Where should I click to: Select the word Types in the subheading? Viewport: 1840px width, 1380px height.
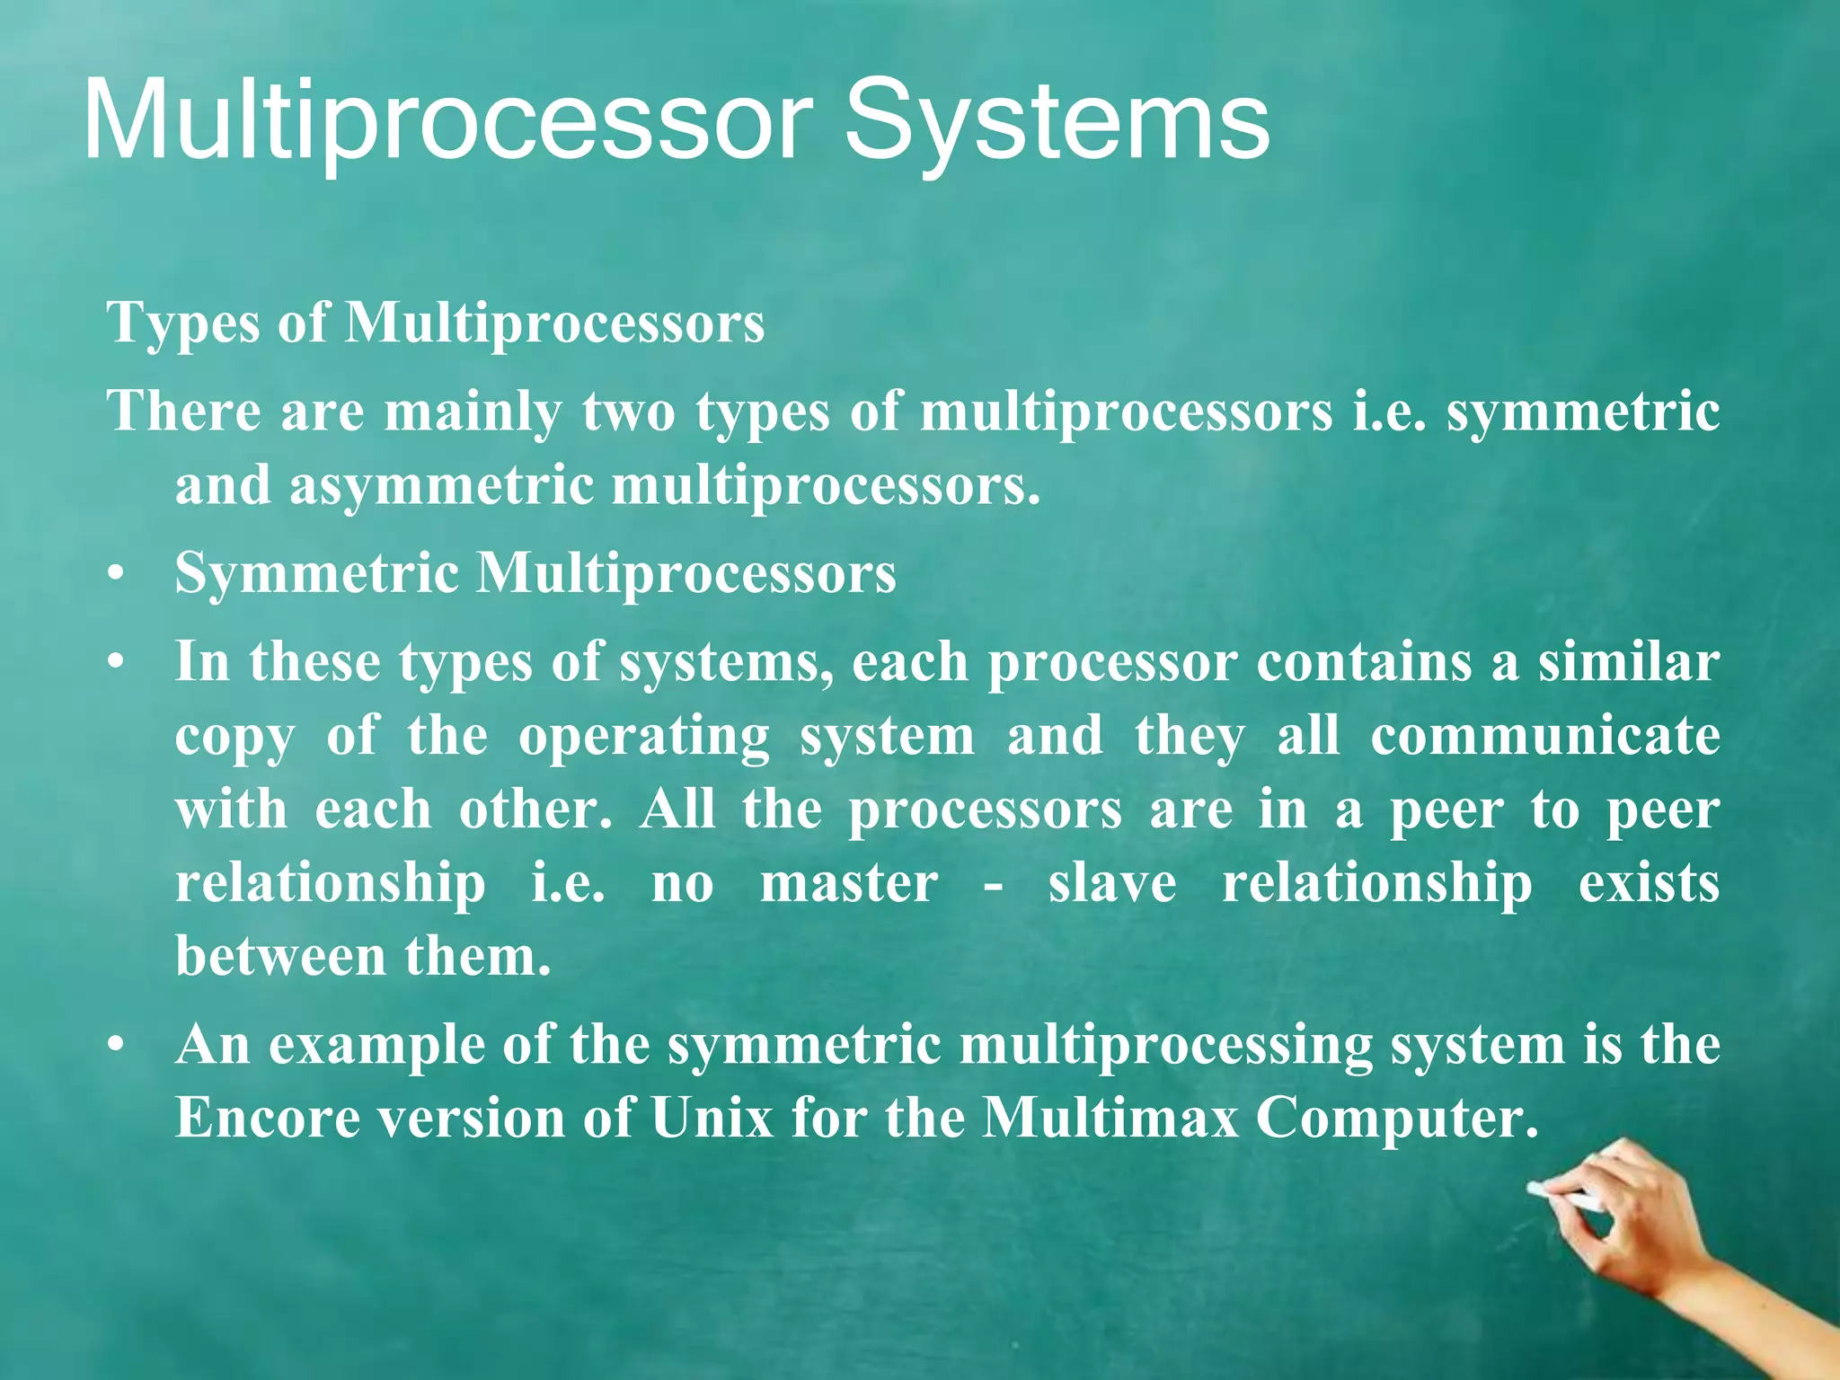coord(183,323)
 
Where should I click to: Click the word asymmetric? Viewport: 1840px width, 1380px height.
coord(440,486)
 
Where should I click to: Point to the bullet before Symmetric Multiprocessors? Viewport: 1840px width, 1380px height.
coord(114,575)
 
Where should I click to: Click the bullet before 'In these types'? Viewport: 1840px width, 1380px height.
coord(114,664)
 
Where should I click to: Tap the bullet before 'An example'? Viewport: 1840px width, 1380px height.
coord(114,1047)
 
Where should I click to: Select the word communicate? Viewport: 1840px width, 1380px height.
coord(1544,736)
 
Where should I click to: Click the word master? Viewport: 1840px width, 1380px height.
coord(849,883)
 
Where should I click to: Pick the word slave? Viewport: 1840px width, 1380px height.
coord(1111,883)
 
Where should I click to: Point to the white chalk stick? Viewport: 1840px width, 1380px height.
coord(1564,1196)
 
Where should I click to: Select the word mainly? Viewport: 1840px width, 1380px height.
coord(472,412)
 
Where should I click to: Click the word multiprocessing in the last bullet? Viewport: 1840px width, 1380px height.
coord(1165,1047)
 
